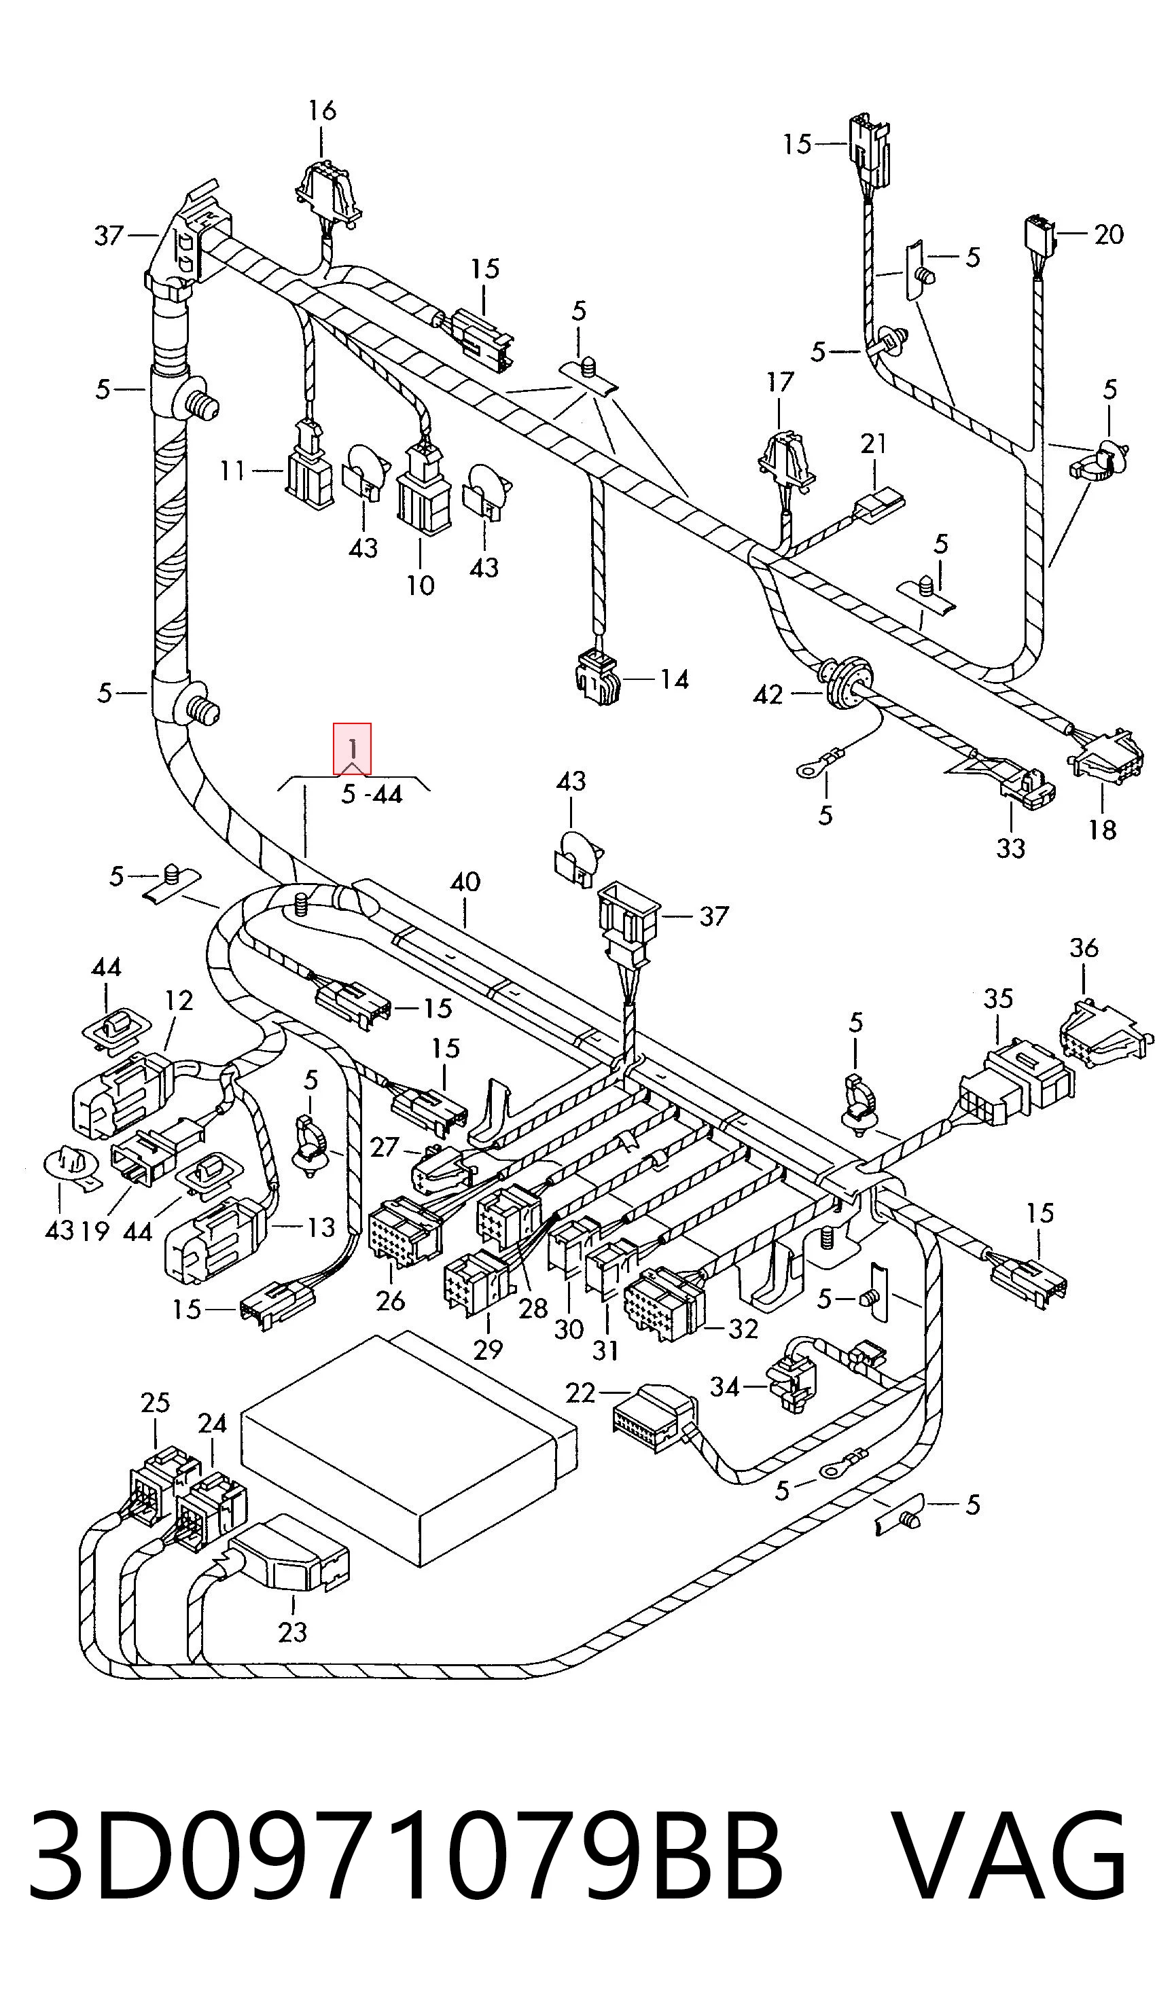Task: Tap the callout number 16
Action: tap(322, 110)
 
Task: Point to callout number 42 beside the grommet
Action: tap(768, 695)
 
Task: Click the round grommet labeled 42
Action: tap(845, 681)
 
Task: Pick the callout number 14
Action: tap(674, 680)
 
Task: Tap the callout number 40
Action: tap(465, 882)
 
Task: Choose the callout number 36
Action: tap(1084, 948)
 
